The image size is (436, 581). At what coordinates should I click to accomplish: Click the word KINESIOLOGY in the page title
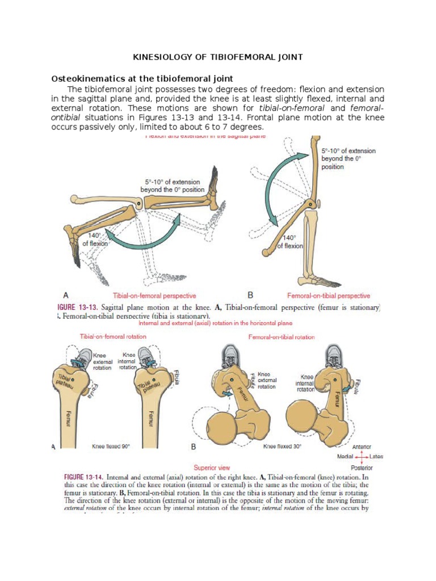[x=161, y=57]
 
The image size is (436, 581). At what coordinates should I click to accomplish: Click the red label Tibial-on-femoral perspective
[x=154, y=296]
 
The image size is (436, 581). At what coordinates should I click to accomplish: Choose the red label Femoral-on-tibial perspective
[x=328, y=296]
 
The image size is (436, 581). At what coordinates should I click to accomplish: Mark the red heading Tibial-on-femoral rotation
[x=113, y=336]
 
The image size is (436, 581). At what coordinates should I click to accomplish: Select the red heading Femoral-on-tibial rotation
[x=282, y=337]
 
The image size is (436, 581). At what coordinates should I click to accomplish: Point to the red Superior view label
[x=211, y=468]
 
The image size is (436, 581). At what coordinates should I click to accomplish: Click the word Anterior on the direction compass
[x=362, y=447]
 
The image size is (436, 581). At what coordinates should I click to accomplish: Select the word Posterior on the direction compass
[x=362, y=468]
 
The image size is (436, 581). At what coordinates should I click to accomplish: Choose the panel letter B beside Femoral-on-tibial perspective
[x=250, y=295]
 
